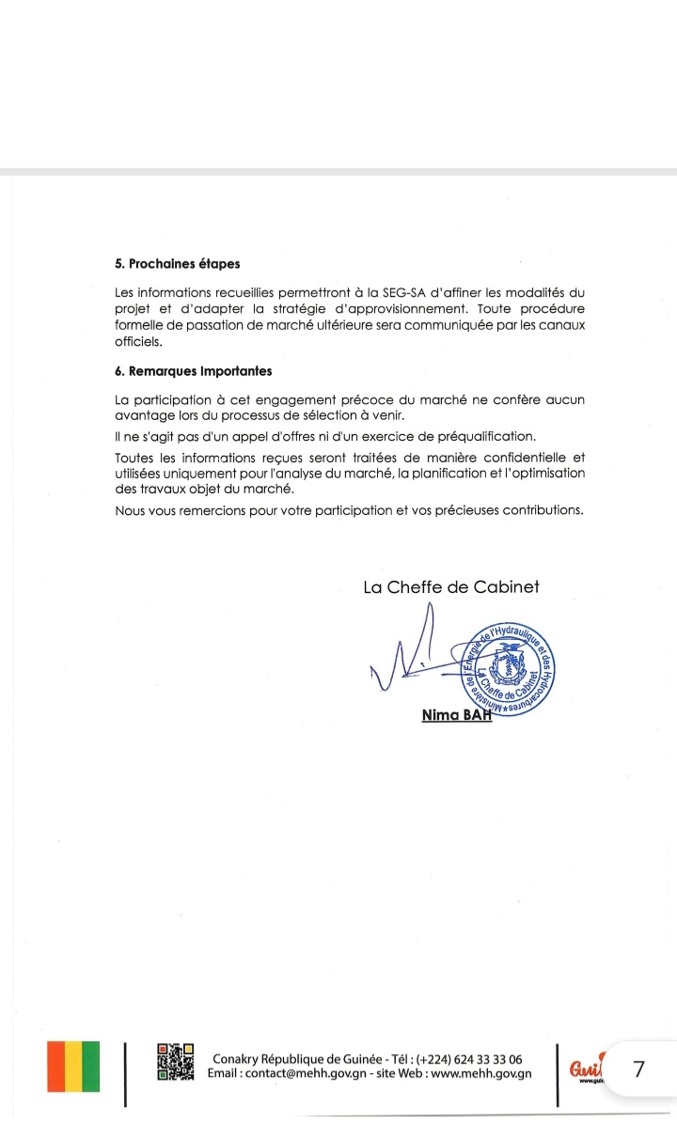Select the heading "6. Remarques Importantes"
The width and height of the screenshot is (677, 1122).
coord(193,371)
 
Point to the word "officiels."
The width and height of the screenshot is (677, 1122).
coord(138,342)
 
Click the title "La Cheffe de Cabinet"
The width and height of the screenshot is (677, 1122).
coord(451,588)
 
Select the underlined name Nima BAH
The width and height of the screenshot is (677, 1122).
coord(457,716)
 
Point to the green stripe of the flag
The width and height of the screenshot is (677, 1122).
coord(90,1067)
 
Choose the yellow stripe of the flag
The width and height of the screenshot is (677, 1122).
coord(72,1067)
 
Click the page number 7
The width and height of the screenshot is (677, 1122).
coord(639,1068)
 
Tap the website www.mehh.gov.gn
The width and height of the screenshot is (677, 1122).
coord(481,1073)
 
